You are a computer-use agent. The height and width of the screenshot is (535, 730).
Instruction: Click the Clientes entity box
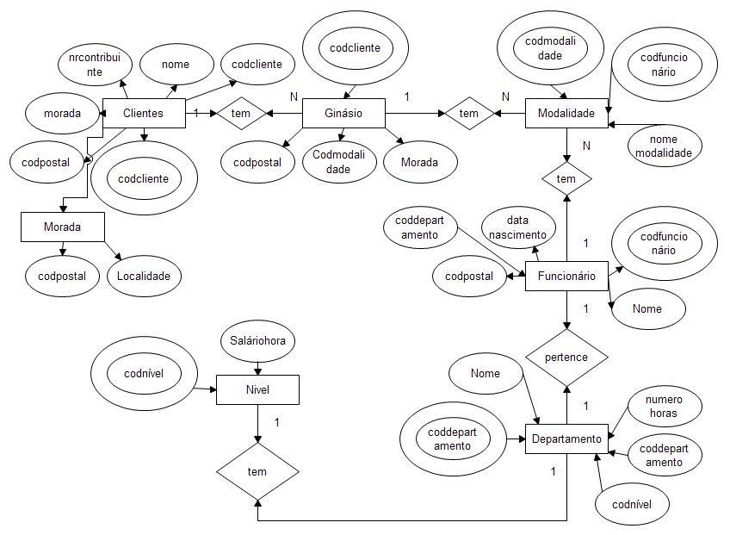click(144, 113)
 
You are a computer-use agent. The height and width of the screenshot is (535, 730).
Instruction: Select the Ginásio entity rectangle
click(343, 113)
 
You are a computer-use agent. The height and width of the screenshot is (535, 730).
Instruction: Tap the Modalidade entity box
click(566, 113)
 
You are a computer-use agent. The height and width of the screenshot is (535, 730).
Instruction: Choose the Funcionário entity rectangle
click(566, 277)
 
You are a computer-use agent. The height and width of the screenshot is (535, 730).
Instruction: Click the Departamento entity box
click(566, 439)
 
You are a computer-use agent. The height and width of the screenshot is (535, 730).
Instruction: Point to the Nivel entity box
click(257, 389)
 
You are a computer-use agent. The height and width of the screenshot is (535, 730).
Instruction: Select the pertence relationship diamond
click(566, 357)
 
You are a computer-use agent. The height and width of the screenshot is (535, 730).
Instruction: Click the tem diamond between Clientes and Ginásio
click(240, 113)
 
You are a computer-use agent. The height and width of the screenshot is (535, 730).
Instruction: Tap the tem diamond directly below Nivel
click(257, 471)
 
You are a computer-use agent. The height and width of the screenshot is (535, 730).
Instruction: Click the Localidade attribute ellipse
click(145, 277)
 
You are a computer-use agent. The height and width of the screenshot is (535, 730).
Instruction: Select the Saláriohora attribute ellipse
click(258, 341)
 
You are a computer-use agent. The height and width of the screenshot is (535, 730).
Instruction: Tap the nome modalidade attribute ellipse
click(664, 146)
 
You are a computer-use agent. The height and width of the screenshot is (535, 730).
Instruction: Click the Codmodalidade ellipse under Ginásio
click(339, 161)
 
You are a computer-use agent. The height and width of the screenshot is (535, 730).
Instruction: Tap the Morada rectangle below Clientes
click(62, 227)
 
